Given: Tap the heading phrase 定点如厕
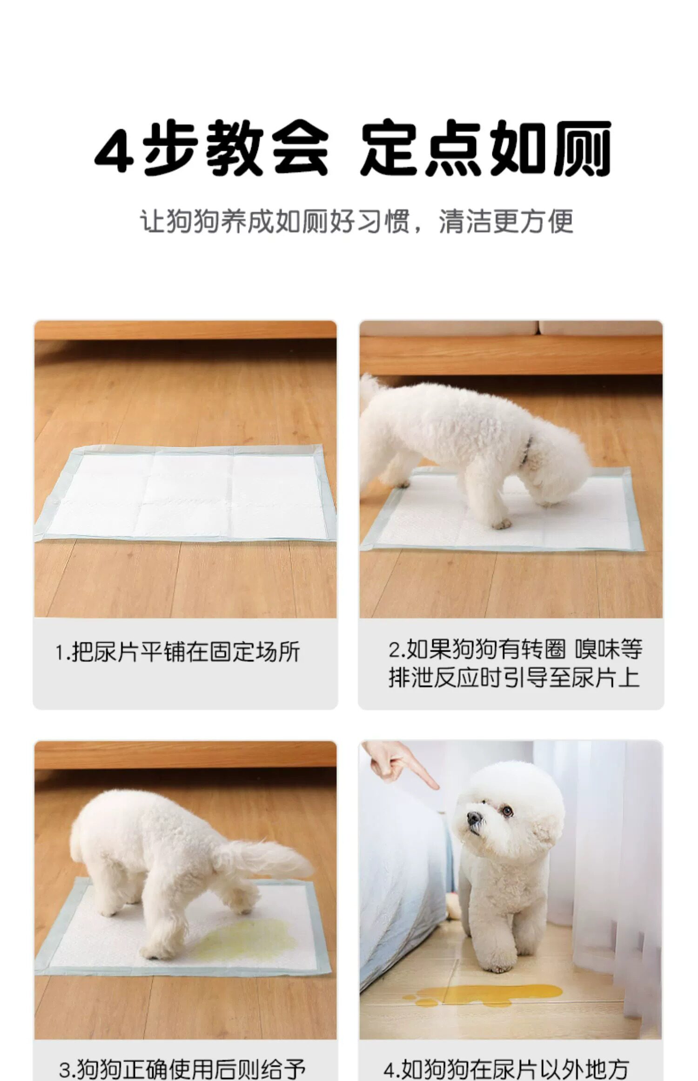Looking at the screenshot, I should pos(485,148).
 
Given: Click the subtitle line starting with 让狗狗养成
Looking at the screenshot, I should pos(356,221).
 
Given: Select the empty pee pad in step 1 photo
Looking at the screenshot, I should pos(186,494).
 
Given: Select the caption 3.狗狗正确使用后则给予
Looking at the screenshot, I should pos(182,1068).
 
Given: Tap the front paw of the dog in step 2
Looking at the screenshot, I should pos(502,525).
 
